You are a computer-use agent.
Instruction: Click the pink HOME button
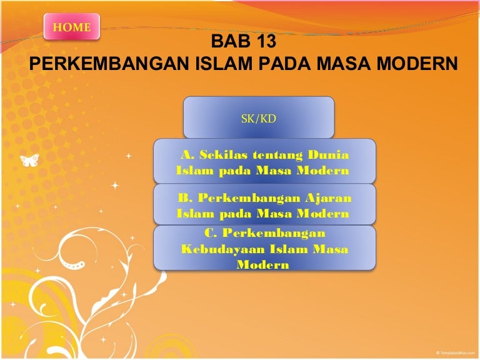[72, 27]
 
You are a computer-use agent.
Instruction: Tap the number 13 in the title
[261, 44]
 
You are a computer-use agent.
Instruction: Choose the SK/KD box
[259, 117]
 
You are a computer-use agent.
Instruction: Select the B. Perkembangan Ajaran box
[264, 206]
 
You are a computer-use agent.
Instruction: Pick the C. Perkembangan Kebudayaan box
[264, 248]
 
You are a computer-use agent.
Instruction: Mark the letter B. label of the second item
[184, 198]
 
